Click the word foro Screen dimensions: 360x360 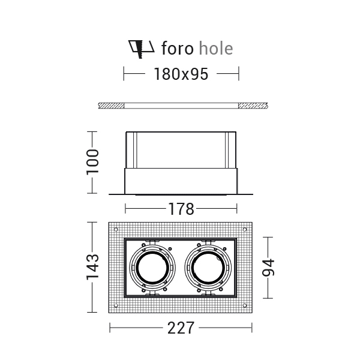177,48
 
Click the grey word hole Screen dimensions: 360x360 216,48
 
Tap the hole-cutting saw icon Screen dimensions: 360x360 141,49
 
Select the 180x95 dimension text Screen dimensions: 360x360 181,74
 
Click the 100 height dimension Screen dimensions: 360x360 92,162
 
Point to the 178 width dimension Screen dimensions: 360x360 181,209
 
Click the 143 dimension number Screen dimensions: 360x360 92,267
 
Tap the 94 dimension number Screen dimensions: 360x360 268,268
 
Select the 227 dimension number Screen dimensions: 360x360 181,328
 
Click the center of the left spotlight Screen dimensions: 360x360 152,268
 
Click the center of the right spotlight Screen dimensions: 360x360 208,268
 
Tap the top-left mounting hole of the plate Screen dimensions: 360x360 116,229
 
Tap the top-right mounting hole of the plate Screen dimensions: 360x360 245,229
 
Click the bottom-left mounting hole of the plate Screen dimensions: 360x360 116,305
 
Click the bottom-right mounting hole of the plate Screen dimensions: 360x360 245,305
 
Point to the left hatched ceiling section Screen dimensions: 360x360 112,106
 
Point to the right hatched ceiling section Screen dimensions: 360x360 253,106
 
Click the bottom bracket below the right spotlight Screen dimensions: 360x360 208,294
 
